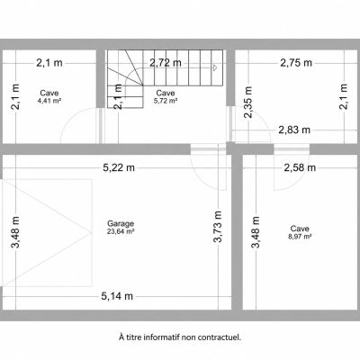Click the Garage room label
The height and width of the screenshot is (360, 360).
(121, 223)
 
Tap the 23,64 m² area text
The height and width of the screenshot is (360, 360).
(121, 231)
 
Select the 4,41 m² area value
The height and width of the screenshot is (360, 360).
(49, 101)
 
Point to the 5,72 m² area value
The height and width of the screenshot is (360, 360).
(166, 101)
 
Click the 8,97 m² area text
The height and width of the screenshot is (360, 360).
(300, 236)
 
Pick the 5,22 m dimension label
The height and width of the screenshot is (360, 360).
(119, 167)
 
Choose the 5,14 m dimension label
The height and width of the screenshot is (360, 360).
(117, 296)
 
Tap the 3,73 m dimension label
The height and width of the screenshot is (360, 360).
(218, 227)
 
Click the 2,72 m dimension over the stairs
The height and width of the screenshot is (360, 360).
(166, 63)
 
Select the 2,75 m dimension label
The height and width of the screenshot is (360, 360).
(296, 63)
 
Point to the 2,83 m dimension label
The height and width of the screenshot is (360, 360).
(294, 130)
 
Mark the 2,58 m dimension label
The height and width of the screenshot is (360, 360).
(300, 167)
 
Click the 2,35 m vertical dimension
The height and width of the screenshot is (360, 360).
(248, 103)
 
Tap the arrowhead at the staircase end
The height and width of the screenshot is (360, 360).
(215, 68)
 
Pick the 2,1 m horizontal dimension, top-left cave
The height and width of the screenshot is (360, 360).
(49, 63)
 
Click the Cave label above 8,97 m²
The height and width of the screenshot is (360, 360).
(300, 229)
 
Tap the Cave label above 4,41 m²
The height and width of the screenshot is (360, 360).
(49, 93)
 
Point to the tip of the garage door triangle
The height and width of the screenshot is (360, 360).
(91, 232)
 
